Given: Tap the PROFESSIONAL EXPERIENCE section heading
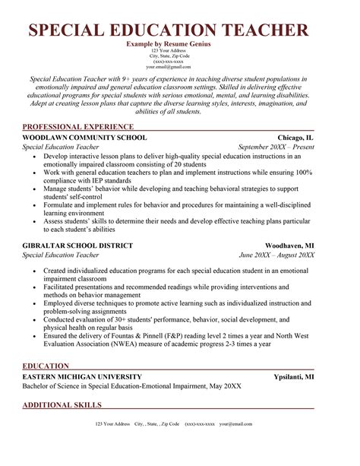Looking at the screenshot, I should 78,126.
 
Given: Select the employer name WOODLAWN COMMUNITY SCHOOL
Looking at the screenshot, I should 84,137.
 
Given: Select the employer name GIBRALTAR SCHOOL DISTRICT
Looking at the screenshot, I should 78,246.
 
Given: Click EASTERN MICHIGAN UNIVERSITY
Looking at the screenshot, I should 81,376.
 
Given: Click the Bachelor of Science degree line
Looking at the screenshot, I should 132,386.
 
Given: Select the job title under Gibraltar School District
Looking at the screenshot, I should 60,256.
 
